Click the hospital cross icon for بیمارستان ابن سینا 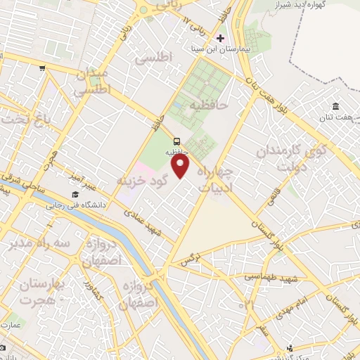coord(221,38)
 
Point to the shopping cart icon coord(43,68)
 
